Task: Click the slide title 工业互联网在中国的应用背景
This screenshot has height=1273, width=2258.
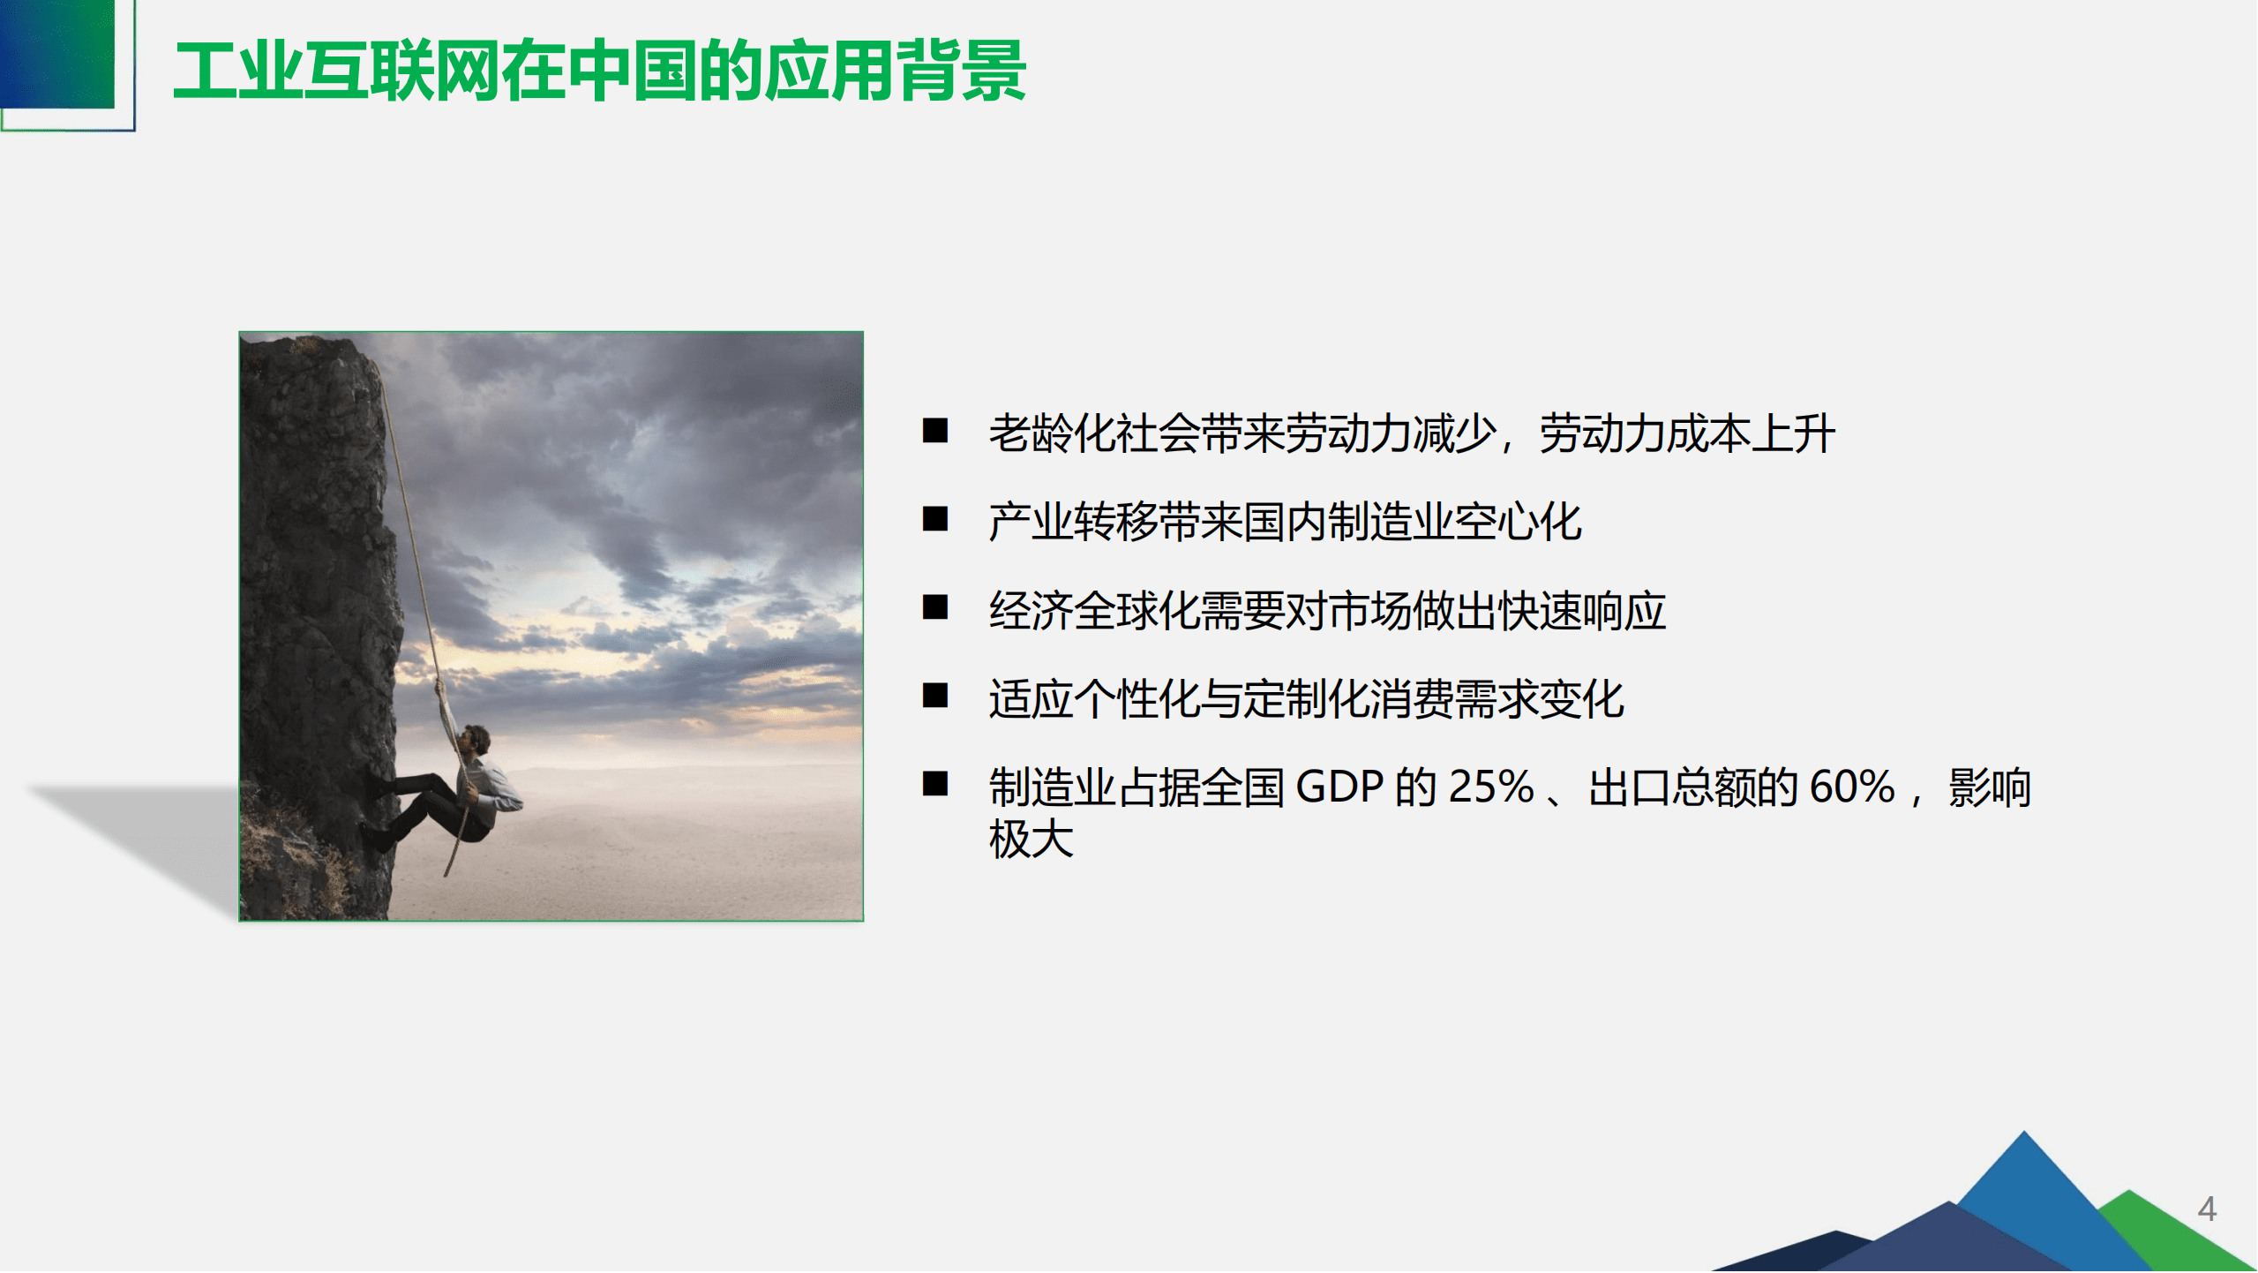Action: point(600,71)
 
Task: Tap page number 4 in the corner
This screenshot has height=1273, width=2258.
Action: point(2206,1209)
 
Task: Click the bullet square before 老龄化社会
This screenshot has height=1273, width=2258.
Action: point(934,431)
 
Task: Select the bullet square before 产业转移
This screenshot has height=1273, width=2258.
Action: point(934,519)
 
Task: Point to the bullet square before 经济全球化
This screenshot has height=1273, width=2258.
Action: point(934,607)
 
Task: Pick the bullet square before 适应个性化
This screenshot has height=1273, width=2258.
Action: point(934,696)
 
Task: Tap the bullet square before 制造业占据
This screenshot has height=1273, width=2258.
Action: point(934,784)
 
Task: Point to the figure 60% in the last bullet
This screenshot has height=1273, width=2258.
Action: point(1851,787)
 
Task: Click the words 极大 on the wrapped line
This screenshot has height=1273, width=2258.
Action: point(1031,839)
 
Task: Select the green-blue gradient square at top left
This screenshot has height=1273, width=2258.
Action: point(57,53)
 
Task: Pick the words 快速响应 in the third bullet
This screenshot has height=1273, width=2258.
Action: point(1581,611)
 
